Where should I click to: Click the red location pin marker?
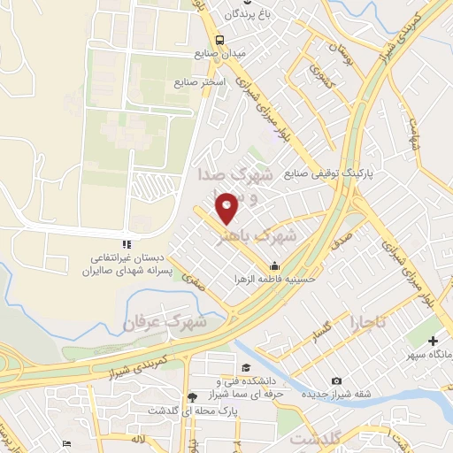(228, 208)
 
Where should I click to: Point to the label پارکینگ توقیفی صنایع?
(328, 174)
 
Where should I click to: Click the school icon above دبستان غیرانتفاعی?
(127, 243)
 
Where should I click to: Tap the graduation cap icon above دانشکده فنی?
(242, 367)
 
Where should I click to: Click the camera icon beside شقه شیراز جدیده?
(336, 381)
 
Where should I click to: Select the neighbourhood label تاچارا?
(368, 322)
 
